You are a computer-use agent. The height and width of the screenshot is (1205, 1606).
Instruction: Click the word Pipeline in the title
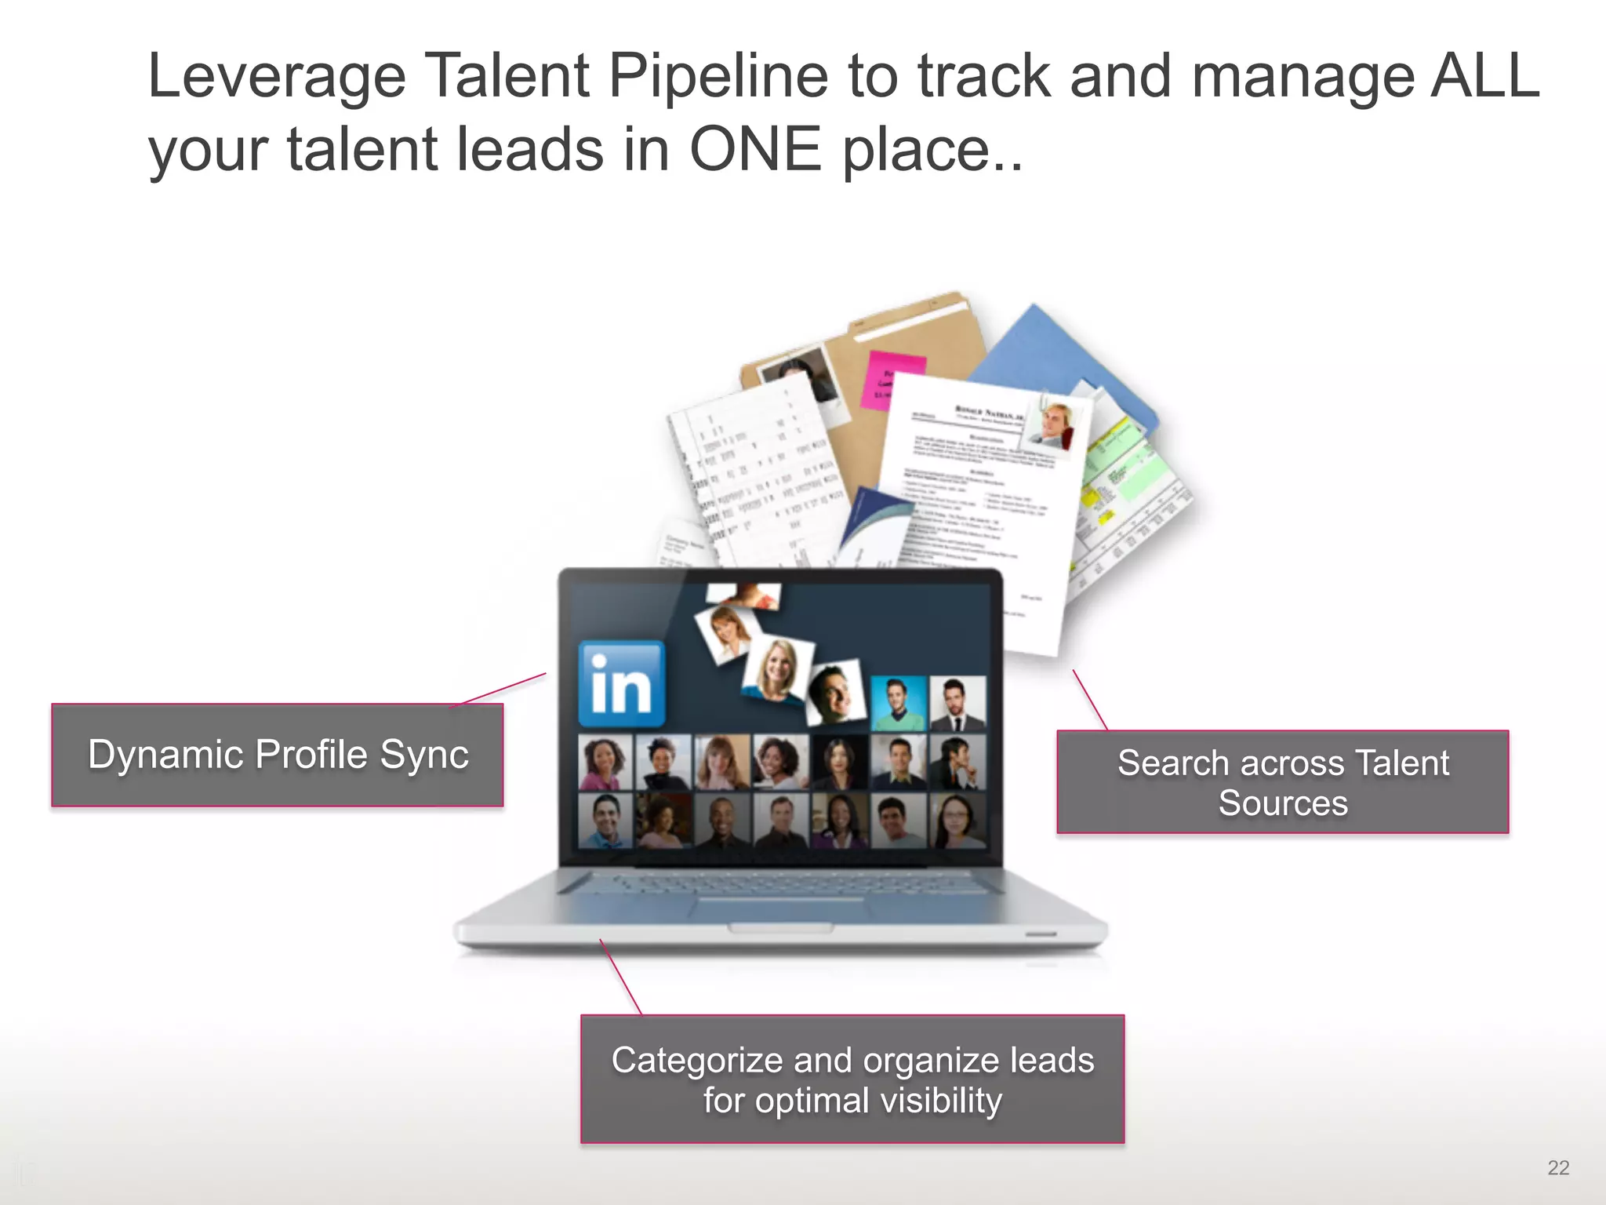coord(718,76)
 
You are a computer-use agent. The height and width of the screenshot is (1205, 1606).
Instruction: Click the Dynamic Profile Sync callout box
coord(278,755)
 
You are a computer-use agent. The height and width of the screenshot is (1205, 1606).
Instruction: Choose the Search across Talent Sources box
coord(1282,782)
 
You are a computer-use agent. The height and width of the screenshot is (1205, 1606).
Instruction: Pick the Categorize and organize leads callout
coord(852,1079)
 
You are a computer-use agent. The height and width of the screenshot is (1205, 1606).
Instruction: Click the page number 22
coord(1558,1167)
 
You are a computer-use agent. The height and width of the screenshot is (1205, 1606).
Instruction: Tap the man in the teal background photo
coord(899,702)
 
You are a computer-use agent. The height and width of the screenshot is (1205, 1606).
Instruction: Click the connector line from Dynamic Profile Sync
coord(499,690)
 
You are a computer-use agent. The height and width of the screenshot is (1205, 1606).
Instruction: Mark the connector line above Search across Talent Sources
coord(1090,700)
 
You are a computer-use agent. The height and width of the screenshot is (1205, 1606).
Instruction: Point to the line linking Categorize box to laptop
coord(620,977)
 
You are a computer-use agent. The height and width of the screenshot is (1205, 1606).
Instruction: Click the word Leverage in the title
coord(277,76)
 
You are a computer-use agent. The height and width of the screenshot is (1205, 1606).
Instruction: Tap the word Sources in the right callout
coord(1283,803)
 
